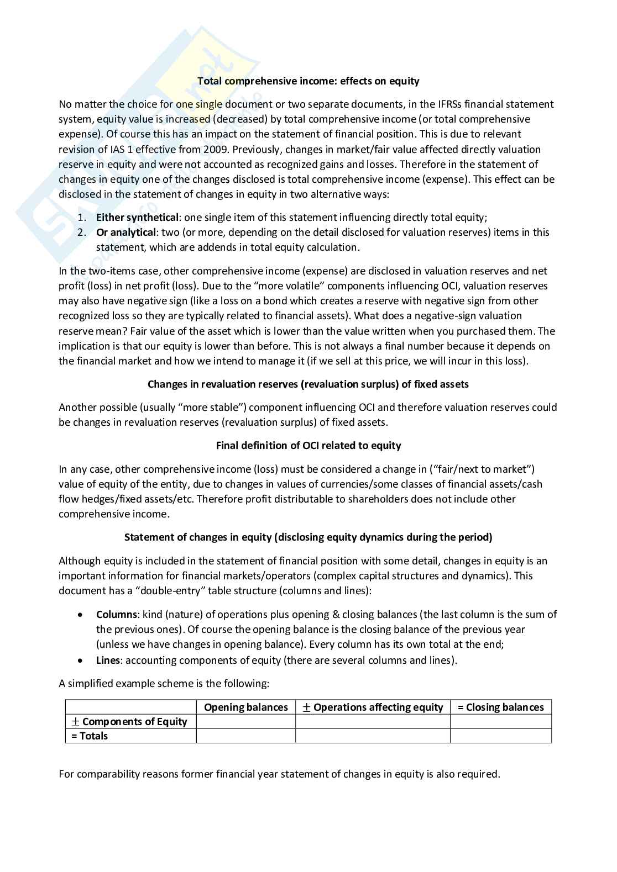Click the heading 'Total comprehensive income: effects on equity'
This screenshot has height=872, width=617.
308,81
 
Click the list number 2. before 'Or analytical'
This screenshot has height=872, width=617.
81,232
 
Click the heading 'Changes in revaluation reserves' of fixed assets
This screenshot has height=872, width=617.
308,384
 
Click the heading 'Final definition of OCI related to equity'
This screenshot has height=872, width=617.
308,446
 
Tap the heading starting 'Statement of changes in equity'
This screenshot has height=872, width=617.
308,537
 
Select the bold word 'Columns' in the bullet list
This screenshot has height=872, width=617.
116,615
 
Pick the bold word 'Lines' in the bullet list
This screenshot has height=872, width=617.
107,660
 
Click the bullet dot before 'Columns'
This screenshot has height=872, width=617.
81,615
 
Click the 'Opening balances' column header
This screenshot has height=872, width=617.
246,707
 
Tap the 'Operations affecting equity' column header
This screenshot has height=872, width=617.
373,707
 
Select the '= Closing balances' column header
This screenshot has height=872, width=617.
500,707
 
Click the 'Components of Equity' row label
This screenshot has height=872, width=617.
130,722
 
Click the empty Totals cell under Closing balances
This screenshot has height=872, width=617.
500,736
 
